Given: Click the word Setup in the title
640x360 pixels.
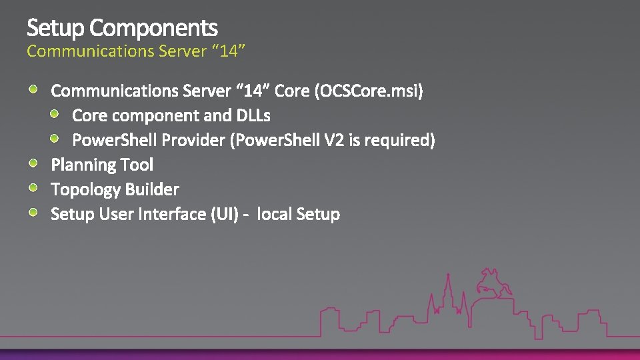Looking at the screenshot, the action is (x=55, y=29).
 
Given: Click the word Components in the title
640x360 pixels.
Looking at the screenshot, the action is (x=153, y=29).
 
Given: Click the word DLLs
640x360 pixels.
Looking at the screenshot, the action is (x=253, y=115).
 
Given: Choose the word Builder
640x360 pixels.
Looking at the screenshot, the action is (x=152, y=189).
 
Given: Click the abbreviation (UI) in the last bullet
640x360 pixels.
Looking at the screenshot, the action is (x=223, y=214).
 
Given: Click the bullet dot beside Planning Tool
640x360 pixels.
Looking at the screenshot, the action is (x=33, y=163).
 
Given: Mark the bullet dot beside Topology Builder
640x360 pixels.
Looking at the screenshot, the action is (x=33, y=188).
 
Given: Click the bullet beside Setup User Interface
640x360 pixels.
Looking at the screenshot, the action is (x=33, y=213).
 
